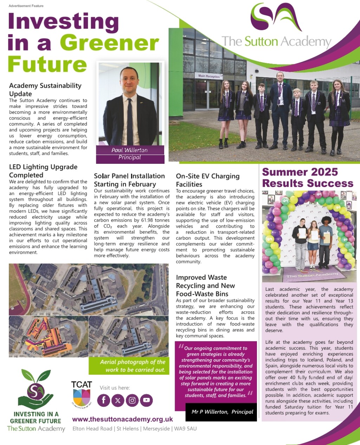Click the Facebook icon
104,400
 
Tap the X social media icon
118,400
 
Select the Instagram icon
132,400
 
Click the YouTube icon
146,400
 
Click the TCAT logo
82,394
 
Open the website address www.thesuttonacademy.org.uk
122,419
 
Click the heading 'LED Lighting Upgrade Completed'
43,171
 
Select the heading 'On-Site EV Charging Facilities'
207,180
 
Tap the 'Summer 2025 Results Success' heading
308,178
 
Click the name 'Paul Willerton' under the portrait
129,150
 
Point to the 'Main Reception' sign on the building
209,76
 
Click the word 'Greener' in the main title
109,43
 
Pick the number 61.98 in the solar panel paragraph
144,220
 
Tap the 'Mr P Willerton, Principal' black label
222,412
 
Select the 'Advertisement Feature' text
26,6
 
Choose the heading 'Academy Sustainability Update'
45,90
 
